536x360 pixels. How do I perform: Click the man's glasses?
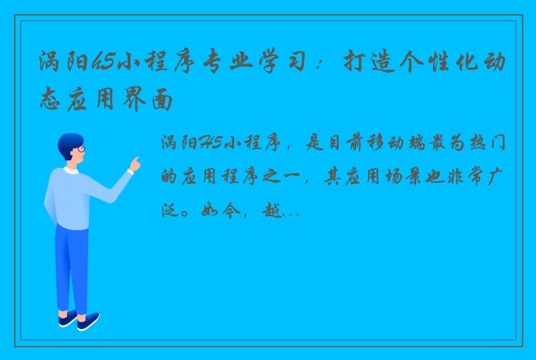click(x=80, y=149)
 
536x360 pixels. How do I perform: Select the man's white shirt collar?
click(x=71, y=170)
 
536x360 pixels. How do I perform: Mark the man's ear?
click(x=69, y=153)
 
